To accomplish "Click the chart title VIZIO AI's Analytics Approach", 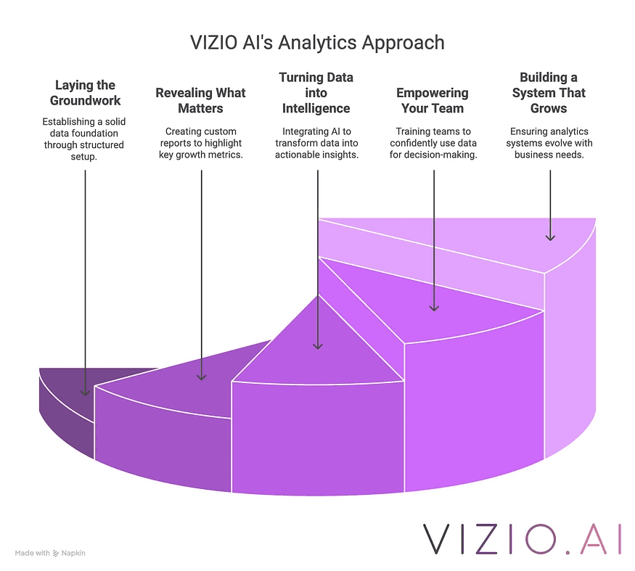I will click(x=316, y=43).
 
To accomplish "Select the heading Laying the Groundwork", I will click(x=86, y=93).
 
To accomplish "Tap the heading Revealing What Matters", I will click(x=201, y=101).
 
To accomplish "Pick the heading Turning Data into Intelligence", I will click(x=316, y=93).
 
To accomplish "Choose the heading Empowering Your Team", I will click(x=433, y=101).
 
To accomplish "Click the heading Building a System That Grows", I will click(x=549, y=93).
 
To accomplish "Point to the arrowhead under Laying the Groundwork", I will click(x=86, y=390).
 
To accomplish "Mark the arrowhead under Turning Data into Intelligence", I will click(x=317, y=345).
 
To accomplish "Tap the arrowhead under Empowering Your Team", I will click(x=434, y=306).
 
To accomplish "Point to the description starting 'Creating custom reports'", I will click(x=201, y=143).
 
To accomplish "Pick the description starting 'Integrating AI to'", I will click(x=316, y=143).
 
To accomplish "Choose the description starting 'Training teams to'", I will click(x=433, y=143).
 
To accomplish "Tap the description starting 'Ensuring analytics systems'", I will click(x=549, y=143).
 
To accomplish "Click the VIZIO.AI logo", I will click(x=523, y=538).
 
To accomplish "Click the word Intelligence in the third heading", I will click(x=316, y=109).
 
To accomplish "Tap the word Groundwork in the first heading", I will click(x=86, y=101).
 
